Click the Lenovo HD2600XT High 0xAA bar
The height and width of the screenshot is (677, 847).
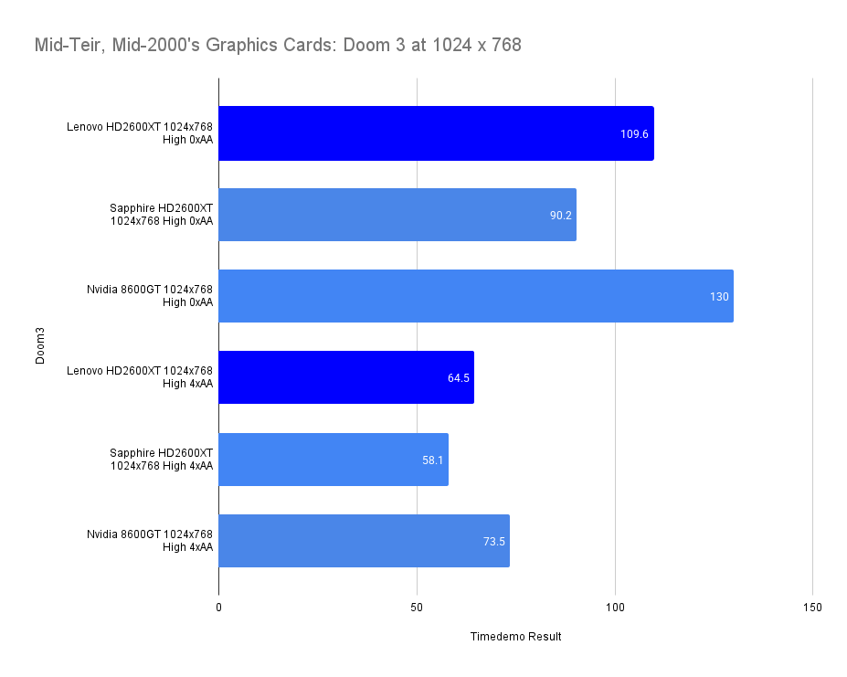pyautogui.click(x=436, y=133)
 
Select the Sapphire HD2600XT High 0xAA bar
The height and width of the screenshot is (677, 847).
pyautogui.click(x=397, y=215)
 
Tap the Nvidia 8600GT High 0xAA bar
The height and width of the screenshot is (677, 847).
pyautogui.click(x=475, y=296)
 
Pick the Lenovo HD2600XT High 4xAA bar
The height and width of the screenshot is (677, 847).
pyautogui.click(x=346, y=377)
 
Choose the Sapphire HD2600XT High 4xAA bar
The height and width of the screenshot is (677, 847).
pyautogui.click(x=334, y=459)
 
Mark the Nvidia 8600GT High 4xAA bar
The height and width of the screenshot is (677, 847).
pyautogui.click(x=364, y=540)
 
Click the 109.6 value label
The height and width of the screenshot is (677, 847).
pyautogui.click(x=634, y=134)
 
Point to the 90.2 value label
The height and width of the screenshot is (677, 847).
pyautogui.click(x=560, y=216)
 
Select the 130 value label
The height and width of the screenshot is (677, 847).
pyautogui.click(x=719, y=297)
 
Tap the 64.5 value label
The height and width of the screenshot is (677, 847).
pyautogui.click(x=459, y=378)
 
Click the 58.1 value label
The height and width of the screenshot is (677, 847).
pyautogui.click(x=433, y=460)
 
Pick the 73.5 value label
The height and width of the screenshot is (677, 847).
pyautogui.click(x=494, y=541)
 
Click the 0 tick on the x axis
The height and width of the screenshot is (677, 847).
pyautogui.click(x=219, y=608)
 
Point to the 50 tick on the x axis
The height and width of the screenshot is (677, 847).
pyautogui.click(x=418, y=608)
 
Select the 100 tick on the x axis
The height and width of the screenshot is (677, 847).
pyautogui.click(x=616, y=608)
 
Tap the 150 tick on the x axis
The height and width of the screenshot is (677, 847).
pyautogui.click(x=813, y=608)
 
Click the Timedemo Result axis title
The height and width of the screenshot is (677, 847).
pyautogui.click(x=515, y=637)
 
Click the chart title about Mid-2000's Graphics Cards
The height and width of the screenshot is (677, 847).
pyautogui.click(x=278, y=45)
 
